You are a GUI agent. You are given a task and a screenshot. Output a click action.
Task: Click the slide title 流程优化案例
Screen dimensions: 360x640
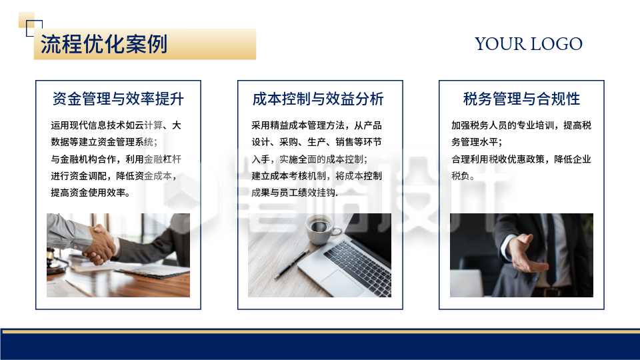point(104,45)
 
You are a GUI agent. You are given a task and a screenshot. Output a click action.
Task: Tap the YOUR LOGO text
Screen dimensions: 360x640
point(528,44)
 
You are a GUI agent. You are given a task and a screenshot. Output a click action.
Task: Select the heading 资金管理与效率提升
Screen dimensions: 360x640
point(118,99)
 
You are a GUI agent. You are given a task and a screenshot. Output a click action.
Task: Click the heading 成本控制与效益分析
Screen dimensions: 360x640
point(318,99)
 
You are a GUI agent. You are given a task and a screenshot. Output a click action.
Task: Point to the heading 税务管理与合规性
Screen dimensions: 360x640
point(521,99)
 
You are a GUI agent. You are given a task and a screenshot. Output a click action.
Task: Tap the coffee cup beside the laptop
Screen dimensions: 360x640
point(319,228)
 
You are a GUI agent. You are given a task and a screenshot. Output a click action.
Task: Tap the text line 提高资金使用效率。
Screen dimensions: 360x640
point(90,193)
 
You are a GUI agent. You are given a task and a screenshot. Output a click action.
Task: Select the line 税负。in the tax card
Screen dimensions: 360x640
point(463,176)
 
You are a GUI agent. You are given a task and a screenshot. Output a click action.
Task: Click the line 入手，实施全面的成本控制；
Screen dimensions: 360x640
point(309,159)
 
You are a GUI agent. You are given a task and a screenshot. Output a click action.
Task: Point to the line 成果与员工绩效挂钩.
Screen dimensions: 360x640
point(295,193)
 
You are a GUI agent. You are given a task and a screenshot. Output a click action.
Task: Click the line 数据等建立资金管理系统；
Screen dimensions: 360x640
point(104,142)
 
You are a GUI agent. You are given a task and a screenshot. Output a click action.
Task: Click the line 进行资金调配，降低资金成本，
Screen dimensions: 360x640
point(111,176)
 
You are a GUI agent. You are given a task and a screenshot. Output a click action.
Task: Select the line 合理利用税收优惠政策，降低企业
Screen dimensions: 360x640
point(521,159)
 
